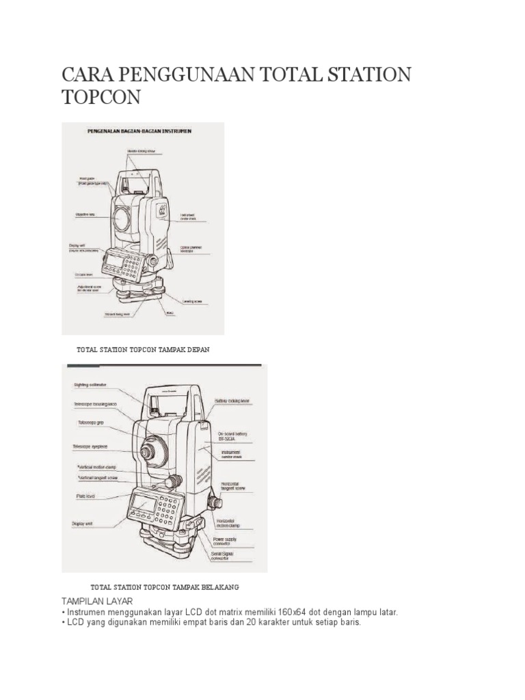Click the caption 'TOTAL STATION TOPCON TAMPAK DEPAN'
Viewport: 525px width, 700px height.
143,349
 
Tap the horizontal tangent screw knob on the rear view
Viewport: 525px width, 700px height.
215,501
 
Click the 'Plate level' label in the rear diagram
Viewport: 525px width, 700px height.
85,497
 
